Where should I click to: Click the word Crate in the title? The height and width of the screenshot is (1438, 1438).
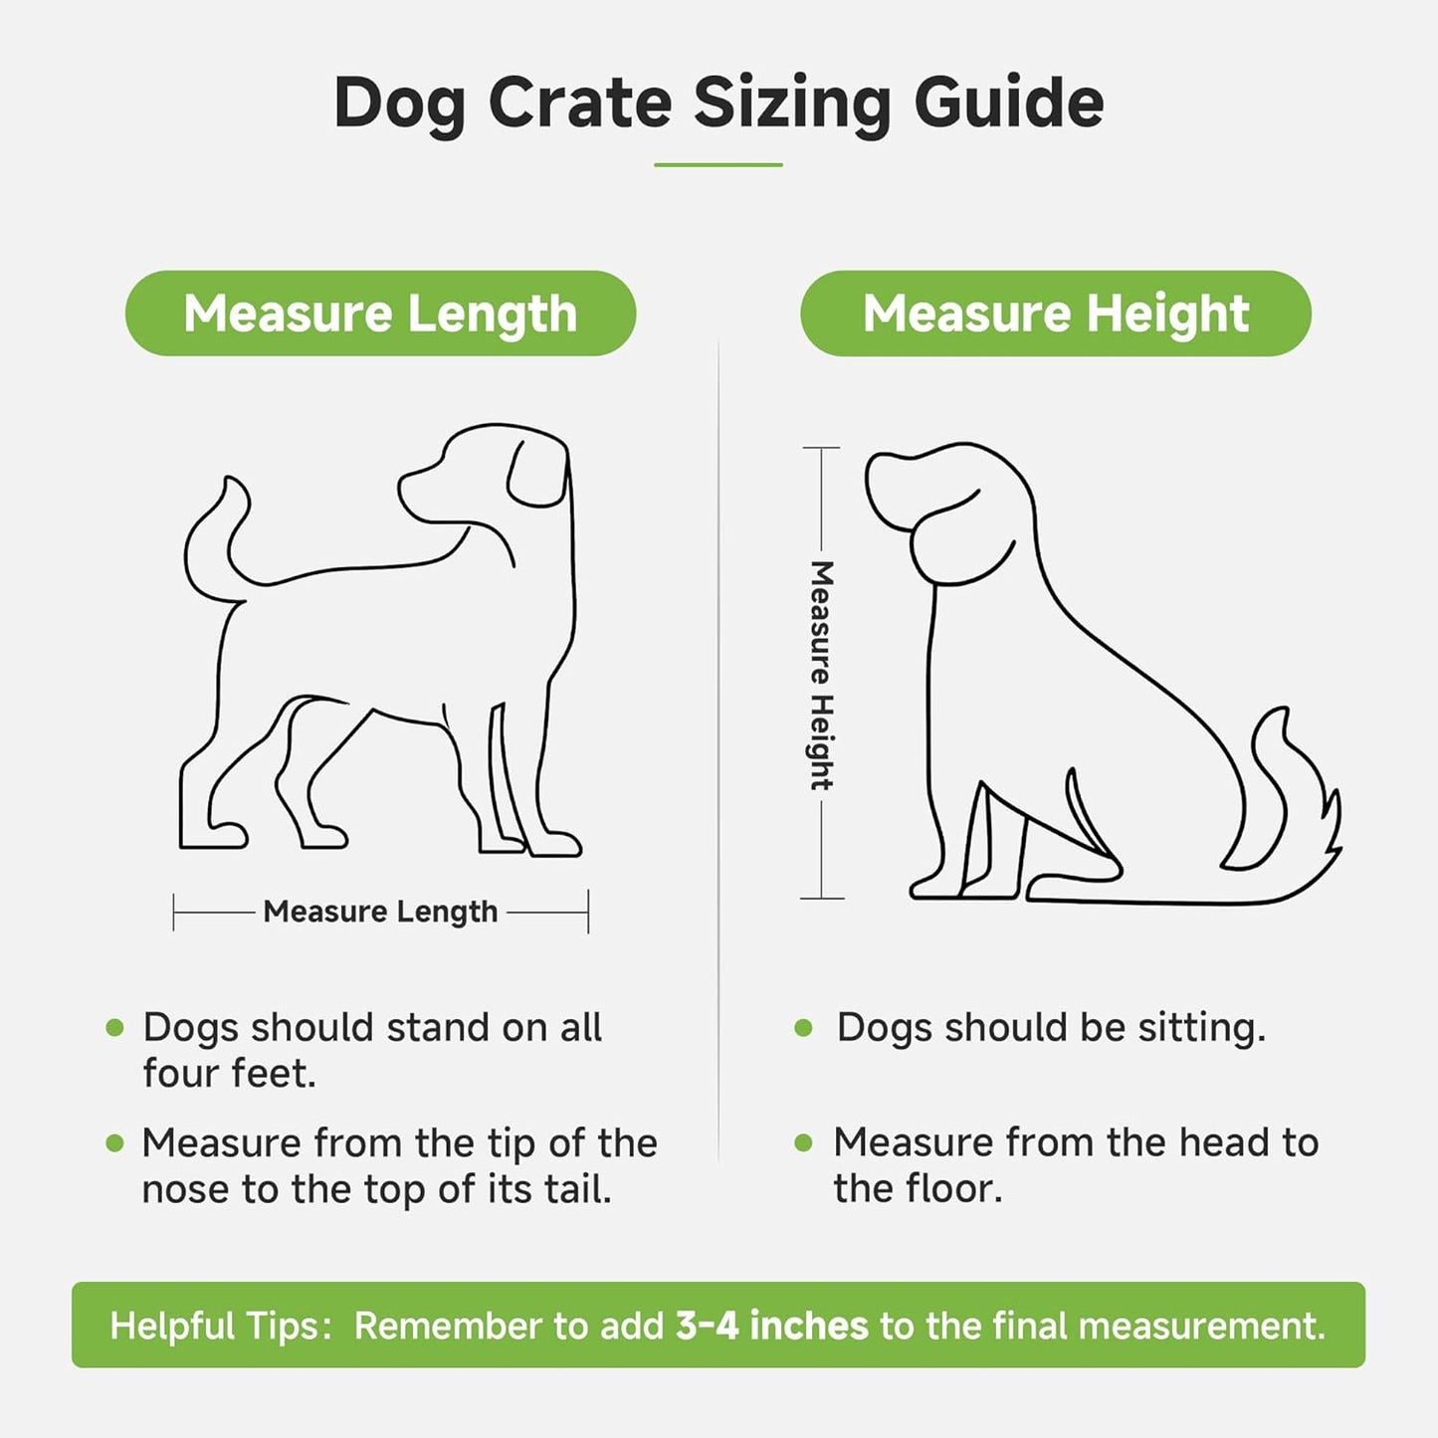click(x=579, y=103)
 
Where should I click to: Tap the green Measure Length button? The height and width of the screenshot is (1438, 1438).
click(x=380, y=313)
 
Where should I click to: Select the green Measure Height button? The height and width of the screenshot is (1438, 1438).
click(x=1055, y=313)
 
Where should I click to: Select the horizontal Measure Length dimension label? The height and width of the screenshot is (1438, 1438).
click(x=380, y=912)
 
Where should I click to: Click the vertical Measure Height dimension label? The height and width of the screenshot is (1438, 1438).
click(x=821, y=676)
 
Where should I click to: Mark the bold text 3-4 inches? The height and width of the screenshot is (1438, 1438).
click(x=771, y=1326)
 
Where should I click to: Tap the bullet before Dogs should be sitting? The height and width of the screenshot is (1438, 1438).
click(x=804, y=1028)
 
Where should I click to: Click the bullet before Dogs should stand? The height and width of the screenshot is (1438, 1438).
click(x=115, y=1028)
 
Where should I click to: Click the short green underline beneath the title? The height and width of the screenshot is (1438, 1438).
click(x=718, y=165)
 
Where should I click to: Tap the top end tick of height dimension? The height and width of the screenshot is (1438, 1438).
click(x=821, y=449)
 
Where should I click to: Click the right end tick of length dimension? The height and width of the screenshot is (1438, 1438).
click(x=588, y=912)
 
